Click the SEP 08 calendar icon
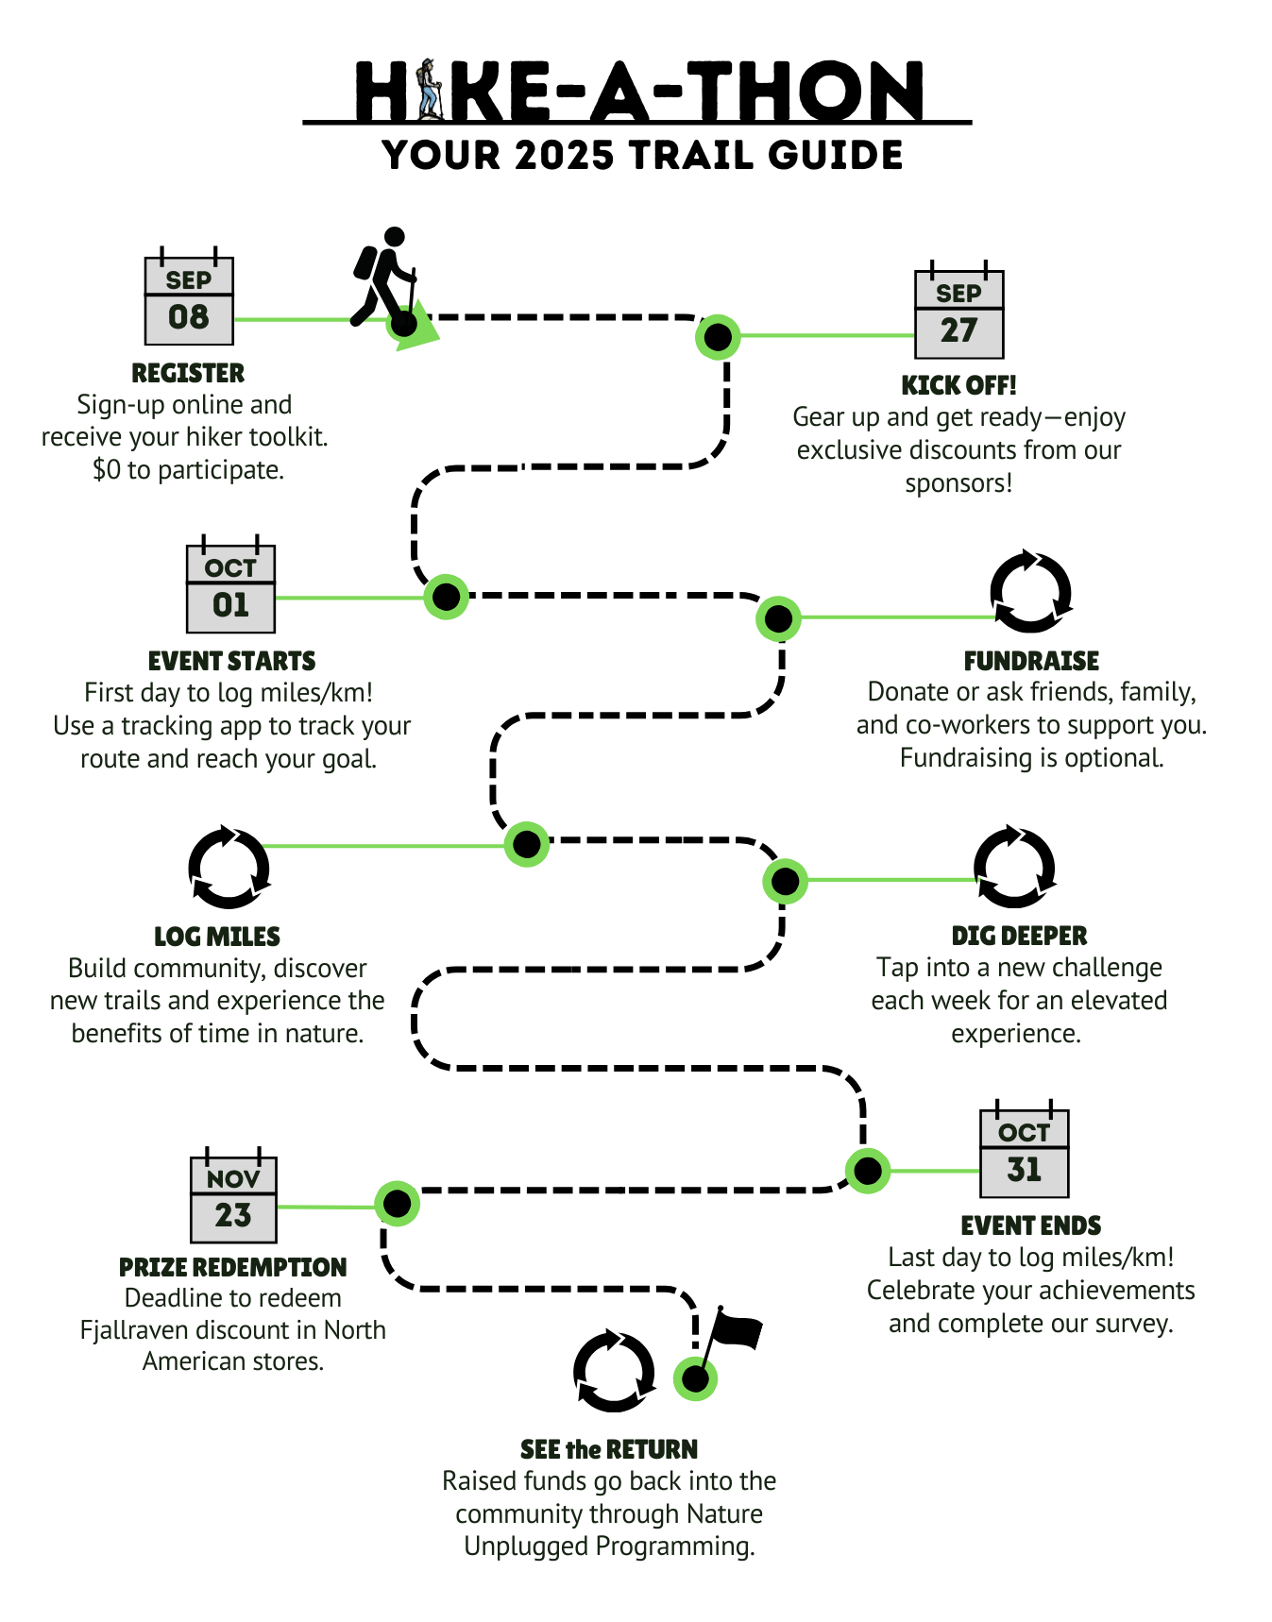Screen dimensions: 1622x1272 tap(189, 300)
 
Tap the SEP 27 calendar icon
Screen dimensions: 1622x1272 tap(958, 314)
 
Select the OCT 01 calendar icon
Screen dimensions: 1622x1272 tap(230, 588)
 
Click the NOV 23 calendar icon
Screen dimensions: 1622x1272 tap(233, 1199)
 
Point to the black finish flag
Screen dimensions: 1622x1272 tap(736, 1331)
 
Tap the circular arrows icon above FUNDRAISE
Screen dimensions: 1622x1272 tap(1030, 592)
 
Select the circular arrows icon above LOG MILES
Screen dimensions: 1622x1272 tap(229, 867)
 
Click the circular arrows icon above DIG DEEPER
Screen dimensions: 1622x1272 tap(1014, 867)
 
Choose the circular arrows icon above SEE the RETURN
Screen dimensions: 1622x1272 tap(614, 1371)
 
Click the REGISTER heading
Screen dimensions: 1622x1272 tap(188, 373)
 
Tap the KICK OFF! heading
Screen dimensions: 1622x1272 tap(958, 385)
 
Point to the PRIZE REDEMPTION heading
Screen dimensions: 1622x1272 tap(232, 1267)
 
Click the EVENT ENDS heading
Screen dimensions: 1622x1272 tap(1030, 1225)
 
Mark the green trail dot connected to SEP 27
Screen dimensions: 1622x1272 tap(718, 336)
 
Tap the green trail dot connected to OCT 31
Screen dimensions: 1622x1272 tap(867, 1171)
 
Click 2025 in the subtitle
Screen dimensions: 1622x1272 tap(565, 156)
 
